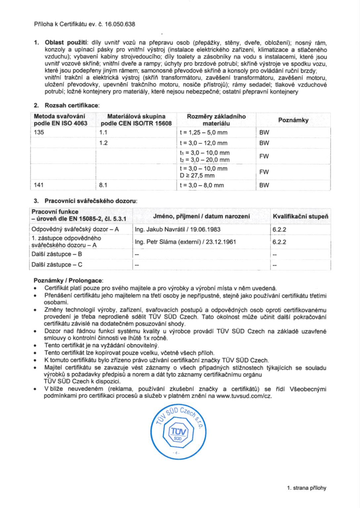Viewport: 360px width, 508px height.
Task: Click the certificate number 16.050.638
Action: (120, 24)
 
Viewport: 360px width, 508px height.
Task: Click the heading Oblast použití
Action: (66, 43)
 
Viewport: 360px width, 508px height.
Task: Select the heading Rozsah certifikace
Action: (71, 106)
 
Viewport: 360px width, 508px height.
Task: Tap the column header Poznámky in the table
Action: (293, 120)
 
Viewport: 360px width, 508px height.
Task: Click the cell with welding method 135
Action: (39, 132)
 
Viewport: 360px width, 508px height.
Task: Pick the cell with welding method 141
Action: (39, 185)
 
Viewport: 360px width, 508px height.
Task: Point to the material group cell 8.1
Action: (103, 185)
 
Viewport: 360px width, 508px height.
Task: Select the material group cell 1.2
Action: (103, 143)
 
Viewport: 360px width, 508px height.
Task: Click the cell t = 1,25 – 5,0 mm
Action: (203, 133)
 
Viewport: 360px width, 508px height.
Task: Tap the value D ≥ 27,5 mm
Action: (197, 176)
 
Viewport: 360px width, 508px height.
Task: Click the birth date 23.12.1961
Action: (221, 242)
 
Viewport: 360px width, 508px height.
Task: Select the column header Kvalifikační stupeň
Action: (300, 217)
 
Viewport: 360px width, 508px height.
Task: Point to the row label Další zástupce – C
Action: (57, 265)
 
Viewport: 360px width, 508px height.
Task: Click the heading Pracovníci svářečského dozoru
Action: (90, 201)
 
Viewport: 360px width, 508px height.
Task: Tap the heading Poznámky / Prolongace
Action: (68, 280)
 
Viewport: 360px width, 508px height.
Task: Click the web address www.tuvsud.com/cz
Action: (244, 396)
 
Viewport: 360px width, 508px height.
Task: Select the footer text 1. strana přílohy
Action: (306, 488)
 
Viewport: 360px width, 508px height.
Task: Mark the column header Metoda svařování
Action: (60, 116)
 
